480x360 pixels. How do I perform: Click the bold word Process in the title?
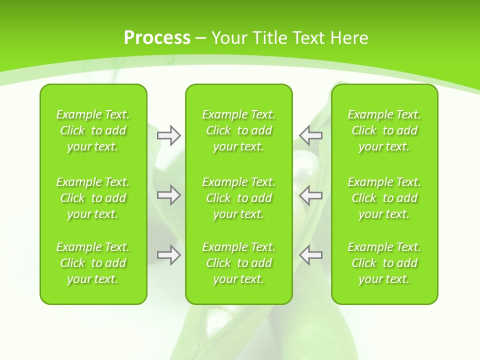point(157,38)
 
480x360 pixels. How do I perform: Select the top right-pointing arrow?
point(168,135)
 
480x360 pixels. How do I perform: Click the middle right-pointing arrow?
point(168,195)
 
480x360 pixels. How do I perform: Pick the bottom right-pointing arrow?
point(168,255)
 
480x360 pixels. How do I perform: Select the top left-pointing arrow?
point(311,135)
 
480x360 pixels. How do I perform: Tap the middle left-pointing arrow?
point(311,195)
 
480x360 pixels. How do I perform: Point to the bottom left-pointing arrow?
point(311,255)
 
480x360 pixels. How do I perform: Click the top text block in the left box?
point(93,130)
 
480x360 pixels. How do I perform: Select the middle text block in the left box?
point(93,198)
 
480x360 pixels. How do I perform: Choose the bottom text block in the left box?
point(93,263)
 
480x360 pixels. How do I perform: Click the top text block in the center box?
point(239,130)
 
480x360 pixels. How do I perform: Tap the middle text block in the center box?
point(239,198)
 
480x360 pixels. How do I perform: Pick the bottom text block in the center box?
point(239,263)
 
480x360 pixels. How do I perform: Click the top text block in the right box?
point(384,130)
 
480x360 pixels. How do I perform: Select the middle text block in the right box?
point(384,198)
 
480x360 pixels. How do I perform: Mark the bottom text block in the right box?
point(384,263)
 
